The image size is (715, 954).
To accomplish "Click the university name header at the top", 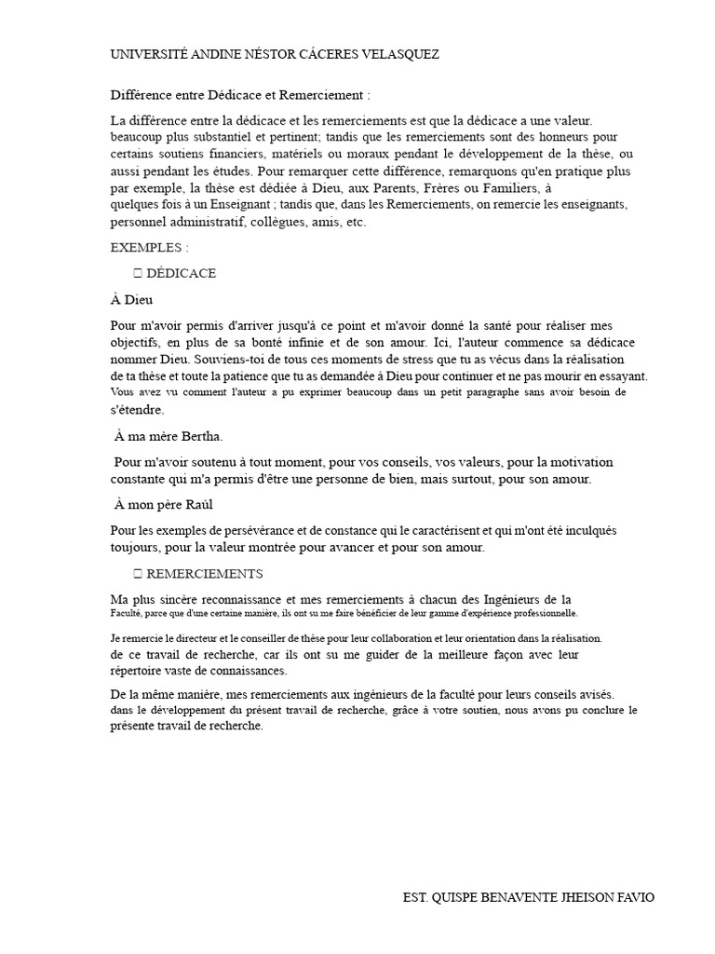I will click(275, 55).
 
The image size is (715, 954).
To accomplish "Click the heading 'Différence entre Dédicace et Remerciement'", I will click(240, 95).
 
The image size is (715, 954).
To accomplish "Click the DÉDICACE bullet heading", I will click(182, 273).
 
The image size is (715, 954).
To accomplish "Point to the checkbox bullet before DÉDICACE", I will click(137, 273).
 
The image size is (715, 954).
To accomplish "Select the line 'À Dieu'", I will click(131, 300).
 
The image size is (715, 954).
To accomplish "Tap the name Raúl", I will click(196, 504).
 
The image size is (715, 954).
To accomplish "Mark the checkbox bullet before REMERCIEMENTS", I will click(137, 573).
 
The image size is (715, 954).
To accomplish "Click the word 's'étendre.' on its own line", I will click(137, 409).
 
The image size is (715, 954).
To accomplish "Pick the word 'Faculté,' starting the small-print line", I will click(126, 613).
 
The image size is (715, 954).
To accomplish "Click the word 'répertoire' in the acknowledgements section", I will click(139, 670).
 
